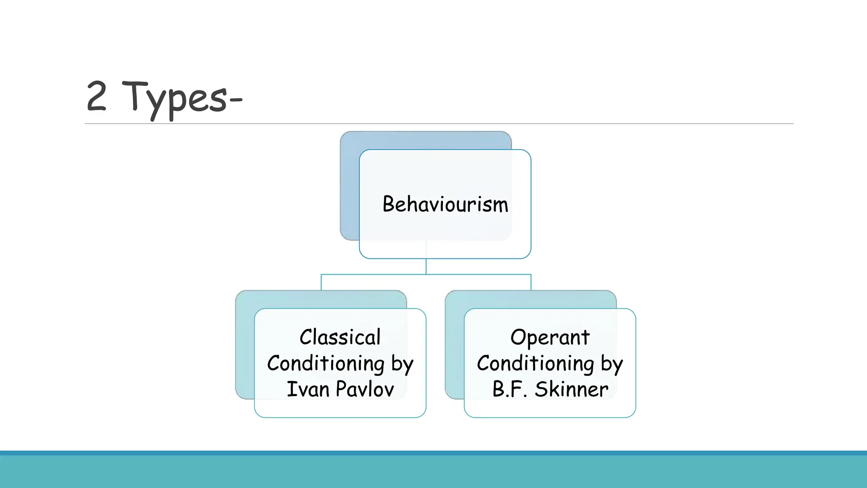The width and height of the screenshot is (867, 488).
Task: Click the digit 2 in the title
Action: pos(97,97)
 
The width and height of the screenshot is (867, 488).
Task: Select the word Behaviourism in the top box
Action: pos(445,205)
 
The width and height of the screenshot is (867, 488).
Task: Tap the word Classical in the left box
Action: pos(340,338)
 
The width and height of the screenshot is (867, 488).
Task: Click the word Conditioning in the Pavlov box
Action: pos(326,364)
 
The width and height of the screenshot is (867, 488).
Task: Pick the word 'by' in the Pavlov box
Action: pos(402,365)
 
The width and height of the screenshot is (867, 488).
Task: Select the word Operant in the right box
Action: pos(549,338)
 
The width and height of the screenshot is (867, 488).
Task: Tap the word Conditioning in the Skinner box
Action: pos(536,364)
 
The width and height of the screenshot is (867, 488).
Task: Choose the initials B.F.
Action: pos(510,389)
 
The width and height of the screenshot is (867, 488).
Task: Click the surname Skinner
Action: pos(571,389)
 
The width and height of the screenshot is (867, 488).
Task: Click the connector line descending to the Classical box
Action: pos(321,282)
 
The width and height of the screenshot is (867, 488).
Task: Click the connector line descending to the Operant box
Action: pos(531,282)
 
